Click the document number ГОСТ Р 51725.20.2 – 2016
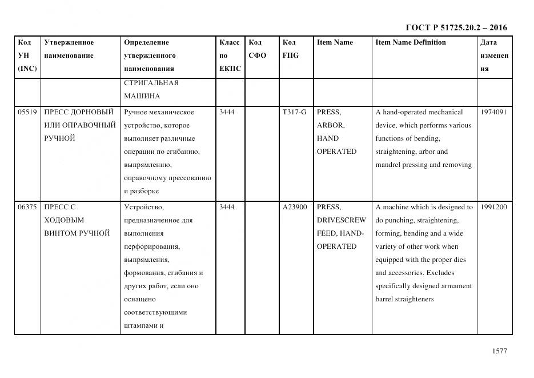click(456, 27)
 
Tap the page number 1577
click(499, 351)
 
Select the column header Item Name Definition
click(410, 42)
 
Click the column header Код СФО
click(256, 49)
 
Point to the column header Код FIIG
click(290, 49)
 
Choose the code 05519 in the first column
click(27, 112)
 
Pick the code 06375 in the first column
click(27, 207)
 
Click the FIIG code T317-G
click(294, 112)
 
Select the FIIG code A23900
click(295, 207)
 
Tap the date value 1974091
click(493, 112)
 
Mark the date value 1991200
click(493, 207)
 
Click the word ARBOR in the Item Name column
click(330, 125)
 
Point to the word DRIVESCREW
click(342, 220)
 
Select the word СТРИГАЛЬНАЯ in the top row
click(151, 83)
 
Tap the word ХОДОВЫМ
click(64, 220)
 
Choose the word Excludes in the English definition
click(440, 273)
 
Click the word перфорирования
click(152, 246)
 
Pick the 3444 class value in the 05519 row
click(227, 112)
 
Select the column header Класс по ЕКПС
click(230, 55)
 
